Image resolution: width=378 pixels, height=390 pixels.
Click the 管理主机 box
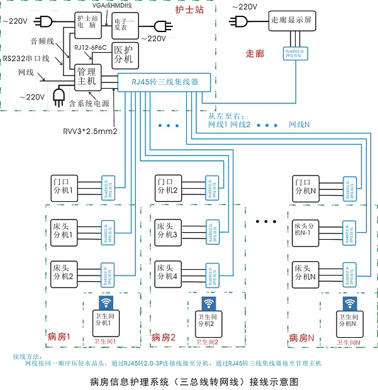point(86,77)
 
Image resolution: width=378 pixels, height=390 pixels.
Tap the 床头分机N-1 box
point(305,230)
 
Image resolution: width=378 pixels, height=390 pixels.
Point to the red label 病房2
point(164,338)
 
